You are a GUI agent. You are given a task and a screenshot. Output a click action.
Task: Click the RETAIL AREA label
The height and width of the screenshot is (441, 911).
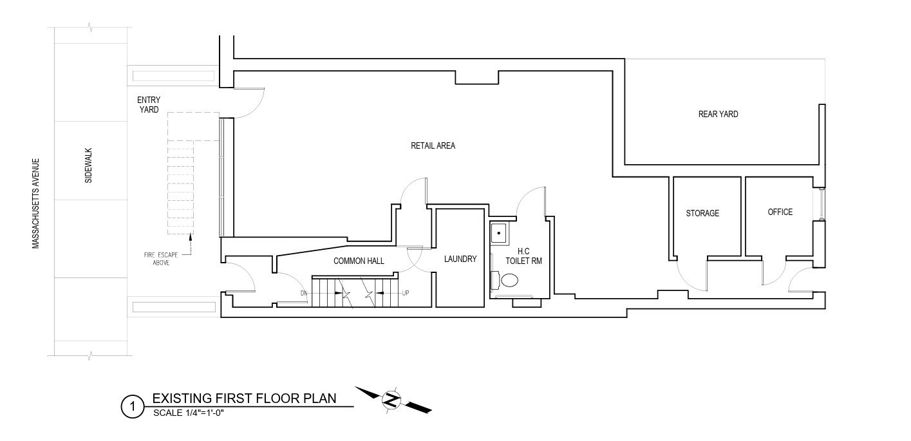[433, 145]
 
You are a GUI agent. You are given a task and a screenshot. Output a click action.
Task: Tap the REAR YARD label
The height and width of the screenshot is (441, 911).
[718, 114]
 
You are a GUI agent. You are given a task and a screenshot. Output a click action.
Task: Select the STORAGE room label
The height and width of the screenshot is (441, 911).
[702, 213]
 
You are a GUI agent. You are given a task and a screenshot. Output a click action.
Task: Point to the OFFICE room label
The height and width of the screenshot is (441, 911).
[780, 212]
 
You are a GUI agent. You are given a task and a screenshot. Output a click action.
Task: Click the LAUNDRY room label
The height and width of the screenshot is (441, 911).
[460, 259]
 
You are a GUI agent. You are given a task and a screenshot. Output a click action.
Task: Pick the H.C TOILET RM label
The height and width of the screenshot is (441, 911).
[523, 256]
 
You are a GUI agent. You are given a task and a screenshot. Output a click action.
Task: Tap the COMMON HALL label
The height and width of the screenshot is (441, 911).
[359, 261]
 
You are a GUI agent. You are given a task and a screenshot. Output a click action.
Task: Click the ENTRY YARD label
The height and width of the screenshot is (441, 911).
[148, 104]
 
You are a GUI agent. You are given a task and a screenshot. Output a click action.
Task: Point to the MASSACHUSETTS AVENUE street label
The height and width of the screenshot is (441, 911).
[36, 203]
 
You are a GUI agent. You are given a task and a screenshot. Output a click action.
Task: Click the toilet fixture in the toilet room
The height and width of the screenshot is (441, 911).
[508, 280]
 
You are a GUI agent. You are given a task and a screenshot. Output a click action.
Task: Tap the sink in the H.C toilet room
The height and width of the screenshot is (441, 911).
[499, 232]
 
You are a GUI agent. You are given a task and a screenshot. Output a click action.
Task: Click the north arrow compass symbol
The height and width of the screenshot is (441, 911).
[391, 399]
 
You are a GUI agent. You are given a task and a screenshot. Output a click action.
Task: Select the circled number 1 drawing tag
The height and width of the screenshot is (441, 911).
[132, 407]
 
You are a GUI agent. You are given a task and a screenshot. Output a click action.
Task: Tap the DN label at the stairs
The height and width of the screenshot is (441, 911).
[304, 294]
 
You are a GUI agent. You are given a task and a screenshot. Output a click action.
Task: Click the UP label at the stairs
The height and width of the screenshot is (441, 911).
[406, 294]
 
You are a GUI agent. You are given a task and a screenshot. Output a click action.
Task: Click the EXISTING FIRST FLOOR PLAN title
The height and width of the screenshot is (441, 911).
[244, 398]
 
